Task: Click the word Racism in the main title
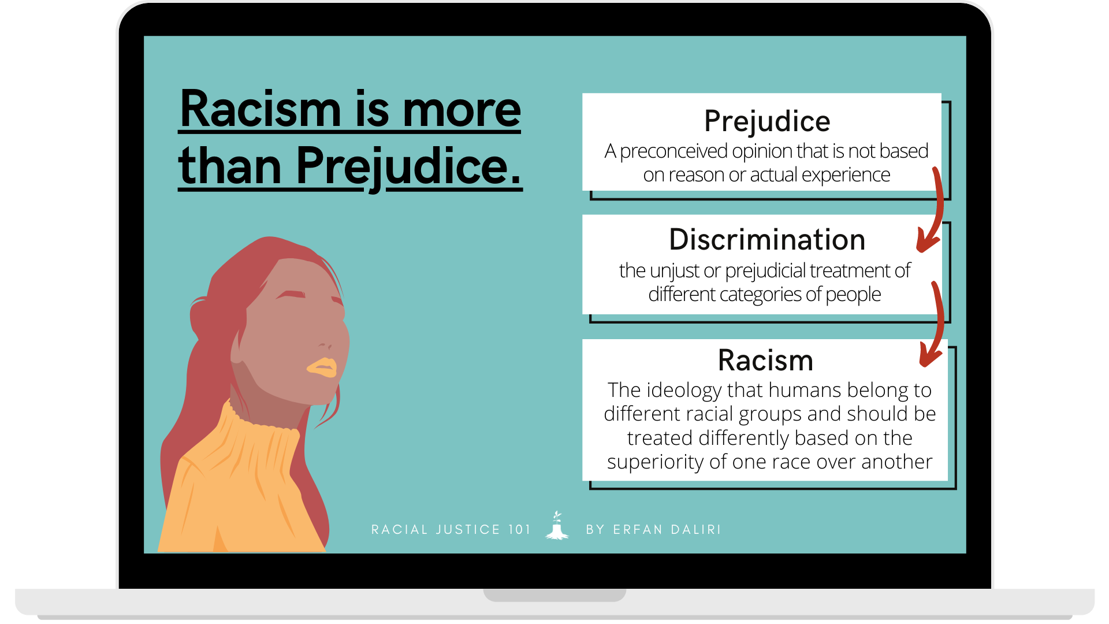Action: pyautogui.click(x=260, y=110)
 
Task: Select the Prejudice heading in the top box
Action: pyautogui.click(x=766, y=121)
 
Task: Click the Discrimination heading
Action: pyautogui.click(x=766, y=240)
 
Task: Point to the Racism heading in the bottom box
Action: pyautogui.click(x=765, y=361)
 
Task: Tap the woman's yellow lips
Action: pyautogui.click(x=322, y=367)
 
